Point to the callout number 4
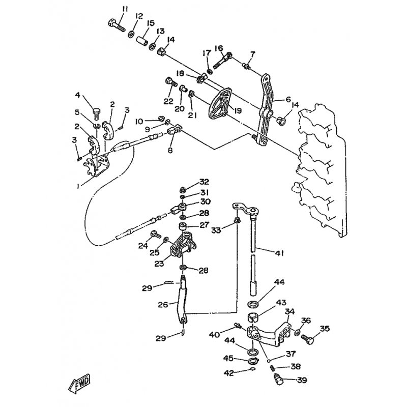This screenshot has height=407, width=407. tap(78, 95)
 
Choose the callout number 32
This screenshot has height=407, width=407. tap(204, 182)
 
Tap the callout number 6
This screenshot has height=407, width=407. tap(287, 100)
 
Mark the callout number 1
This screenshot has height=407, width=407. tap(78, 187)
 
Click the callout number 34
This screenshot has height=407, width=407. tap(289, 311)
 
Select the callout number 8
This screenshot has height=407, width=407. tap(170, 151)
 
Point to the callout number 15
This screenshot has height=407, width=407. tap(150, 23)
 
